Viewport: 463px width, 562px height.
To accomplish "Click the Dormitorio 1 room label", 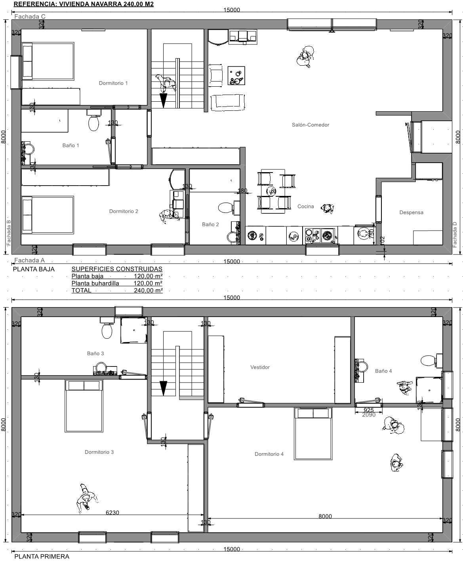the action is pyautogui.click(x=113, y=83).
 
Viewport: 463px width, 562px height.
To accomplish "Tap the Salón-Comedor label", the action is pyautogui.click(x=311, y=125).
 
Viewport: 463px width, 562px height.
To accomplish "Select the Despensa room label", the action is pyautogui.click(x=411, y=213).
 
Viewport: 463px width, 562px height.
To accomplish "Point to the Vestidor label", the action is pyautogui.click(x=260, y=367).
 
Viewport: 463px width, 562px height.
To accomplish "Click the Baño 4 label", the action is pyautogui.click(x=383, y=371).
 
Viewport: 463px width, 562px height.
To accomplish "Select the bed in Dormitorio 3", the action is pyautogui.click(x=84, y=406).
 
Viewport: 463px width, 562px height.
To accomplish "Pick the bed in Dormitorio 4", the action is pyautogui.click(x=313, y=433).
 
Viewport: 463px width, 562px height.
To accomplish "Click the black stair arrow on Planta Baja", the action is pyautogui.click(x=163, y=101).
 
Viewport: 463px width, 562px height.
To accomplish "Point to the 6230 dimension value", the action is pyautogui.click(x=112, y=513).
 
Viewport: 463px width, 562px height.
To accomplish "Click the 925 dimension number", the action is pyautogui.click(x=369, y=410).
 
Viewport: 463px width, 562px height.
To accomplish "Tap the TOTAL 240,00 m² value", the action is pyautogui.click(x=148, y=290).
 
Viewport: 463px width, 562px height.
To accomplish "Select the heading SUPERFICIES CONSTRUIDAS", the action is pyautogui.click(x=117, y=269).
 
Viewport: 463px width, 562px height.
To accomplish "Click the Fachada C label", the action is pyautogui.click(x=30, y=17).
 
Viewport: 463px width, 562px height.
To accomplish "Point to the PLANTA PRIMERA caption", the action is pyautogui.click(x=42, y=556).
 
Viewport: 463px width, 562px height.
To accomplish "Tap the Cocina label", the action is pyautogui.click(x=306, y=206).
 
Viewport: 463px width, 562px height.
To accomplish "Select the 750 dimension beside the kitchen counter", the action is pyautogui.click(x=371, y=234).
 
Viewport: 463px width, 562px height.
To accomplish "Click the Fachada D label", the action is pyautogui.click(x=455, y=235).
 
